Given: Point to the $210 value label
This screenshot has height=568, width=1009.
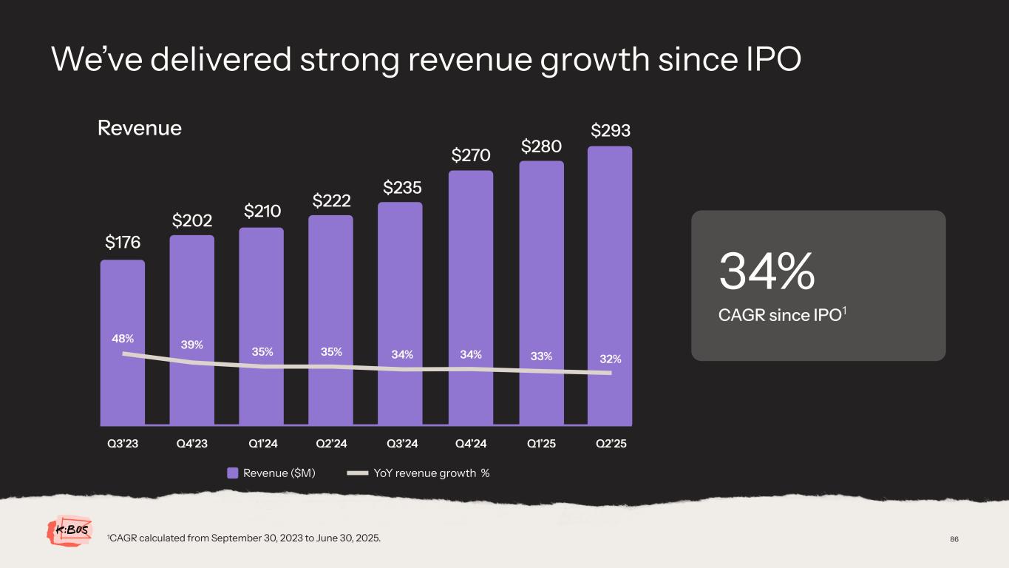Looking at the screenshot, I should (x=262, y=212).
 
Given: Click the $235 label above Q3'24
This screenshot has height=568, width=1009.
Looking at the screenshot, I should (x=402, y=188).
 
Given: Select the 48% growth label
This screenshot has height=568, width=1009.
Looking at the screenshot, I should (x=123, y=339).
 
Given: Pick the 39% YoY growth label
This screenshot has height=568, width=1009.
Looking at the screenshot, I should (x=191, y=345).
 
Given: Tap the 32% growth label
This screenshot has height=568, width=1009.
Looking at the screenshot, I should (x=611, y=359).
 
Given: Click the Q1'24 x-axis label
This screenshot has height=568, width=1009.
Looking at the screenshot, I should (x=262, y=444).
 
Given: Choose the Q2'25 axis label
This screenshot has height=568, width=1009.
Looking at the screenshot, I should (x=611, y=444).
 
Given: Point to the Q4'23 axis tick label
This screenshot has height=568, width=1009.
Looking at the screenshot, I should (x=191, y=444).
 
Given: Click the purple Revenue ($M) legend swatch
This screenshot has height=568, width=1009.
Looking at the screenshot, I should (x=232, y=473).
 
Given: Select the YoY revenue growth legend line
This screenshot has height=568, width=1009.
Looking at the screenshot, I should (x=357, y=473).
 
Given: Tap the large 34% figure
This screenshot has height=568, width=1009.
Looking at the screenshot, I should (x=767, y=271).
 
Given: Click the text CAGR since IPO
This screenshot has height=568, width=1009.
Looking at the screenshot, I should (x=779, y=315).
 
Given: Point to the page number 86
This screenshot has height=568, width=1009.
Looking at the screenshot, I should (x=954, y=539).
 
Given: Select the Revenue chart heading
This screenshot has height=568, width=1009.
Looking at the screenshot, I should (x=140, y=128).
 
